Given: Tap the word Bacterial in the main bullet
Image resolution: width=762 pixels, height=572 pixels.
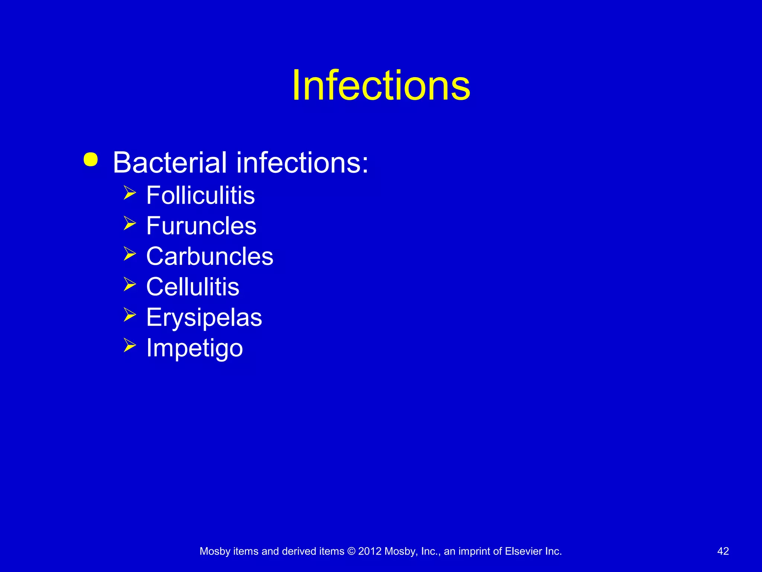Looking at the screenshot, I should [x=170, y=163].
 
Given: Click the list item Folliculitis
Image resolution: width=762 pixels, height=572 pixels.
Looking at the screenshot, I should [x=201, y=195].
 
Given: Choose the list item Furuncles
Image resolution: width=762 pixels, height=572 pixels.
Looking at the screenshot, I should [x=201, y=226].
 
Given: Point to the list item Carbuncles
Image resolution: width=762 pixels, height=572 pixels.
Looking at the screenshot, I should [x=210, y=256].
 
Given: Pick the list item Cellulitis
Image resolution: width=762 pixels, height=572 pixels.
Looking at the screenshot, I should [x=193, y=287].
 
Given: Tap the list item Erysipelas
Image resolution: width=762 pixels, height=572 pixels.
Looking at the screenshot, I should [x=204, y=318].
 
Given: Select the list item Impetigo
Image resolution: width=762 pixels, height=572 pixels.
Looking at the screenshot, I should [x=195, y=348].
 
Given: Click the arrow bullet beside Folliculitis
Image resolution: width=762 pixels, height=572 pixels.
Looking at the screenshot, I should [x=129, y=193].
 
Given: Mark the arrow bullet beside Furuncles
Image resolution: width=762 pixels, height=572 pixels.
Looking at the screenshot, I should [x=129, y=223].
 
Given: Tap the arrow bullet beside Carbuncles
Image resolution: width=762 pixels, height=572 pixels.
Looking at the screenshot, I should [x=129, y=254].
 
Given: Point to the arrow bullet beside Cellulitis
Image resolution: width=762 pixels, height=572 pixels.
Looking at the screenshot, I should [x=129, y=284].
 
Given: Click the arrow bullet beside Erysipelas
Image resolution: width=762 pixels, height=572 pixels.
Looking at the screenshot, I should [x=129, y=315].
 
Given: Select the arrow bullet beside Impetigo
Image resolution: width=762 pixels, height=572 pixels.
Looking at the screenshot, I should [x=129, y=345].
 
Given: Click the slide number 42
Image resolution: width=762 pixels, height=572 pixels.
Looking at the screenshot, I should [x=723, y=551].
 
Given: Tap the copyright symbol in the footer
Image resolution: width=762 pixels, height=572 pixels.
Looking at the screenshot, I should [x=351, y=551].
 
